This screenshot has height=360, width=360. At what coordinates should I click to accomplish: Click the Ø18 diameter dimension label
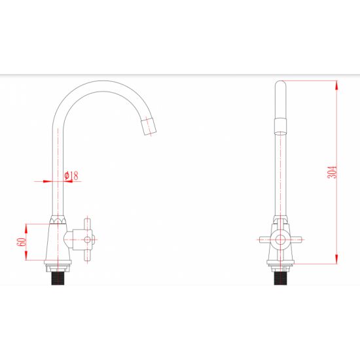[71, 175]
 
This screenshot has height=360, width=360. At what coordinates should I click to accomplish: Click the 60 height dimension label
[22, 242]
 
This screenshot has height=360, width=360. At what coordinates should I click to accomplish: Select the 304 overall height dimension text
[332, 172]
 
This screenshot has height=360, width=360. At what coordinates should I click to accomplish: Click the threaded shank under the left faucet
[58, 278]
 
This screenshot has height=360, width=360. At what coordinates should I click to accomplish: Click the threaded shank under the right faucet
[280, 278]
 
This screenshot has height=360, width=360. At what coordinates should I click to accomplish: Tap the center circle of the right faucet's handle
[280, 240]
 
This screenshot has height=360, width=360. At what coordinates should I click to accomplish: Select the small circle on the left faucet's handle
[87, 240]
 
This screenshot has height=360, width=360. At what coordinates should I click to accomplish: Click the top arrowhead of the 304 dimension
[336, 85]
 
